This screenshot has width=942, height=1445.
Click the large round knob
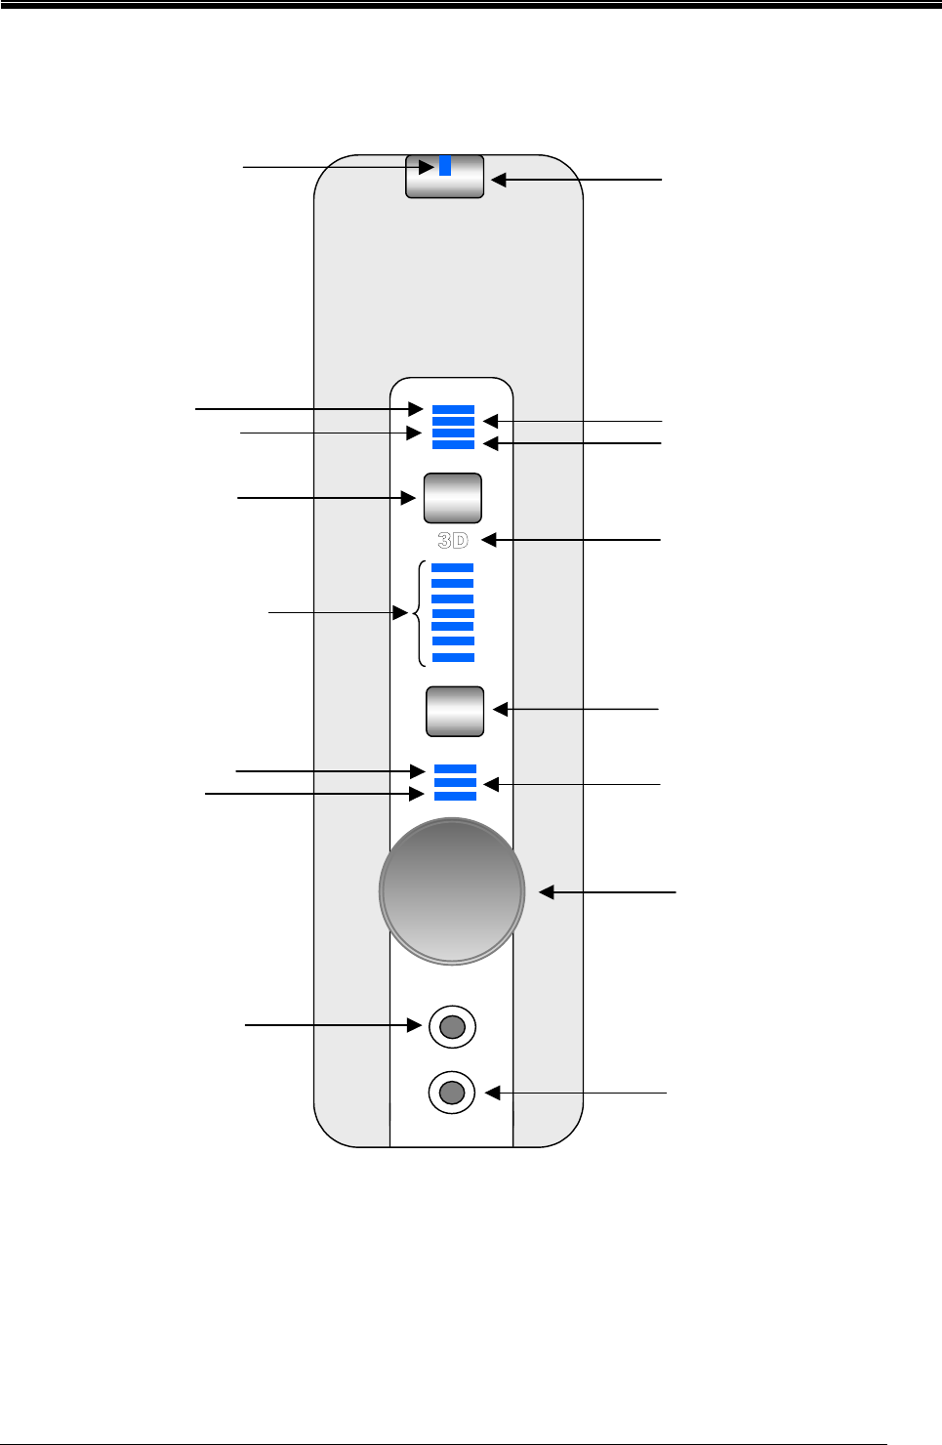point(452,890)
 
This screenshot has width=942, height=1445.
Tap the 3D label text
point(453,541)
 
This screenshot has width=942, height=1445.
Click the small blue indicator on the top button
point(445,165)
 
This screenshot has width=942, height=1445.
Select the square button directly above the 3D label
point(453,498)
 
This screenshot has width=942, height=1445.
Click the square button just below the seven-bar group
point(455,712)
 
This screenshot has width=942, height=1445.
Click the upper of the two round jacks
point(452,1026)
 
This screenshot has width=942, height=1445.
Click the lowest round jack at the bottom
point(452,1093)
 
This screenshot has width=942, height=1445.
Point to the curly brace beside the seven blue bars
point(421,613)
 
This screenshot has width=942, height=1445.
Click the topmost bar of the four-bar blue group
point(453,410)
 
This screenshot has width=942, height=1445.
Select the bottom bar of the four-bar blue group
point(453,444)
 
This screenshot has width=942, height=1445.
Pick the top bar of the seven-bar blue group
point(453,567)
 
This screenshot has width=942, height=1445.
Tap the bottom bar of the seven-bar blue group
point(453,657)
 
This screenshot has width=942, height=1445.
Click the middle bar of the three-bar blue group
point(455,782)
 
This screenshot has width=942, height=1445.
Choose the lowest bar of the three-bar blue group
point(455,796)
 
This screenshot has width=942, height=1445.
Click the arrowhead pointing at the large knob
point(546,892)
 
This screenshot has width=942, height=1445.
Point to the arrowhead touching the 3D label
point(489,540)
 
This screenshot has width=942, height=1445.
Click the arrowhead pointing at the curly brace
point(400,613)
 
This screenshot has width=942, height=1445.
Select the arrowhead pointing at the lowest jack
point(493,1093)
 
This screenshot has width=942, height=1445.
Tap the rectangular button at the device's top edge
point(445,176)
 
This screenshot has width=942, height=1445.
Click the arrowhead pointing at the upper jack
point(414,1025)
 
